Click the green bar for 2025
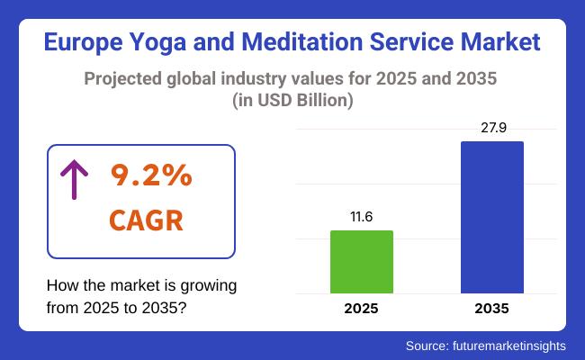(362, 261)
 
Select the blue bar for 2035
(491, 217)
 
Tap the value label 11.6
(362, 217)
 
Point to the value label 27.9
(491, 128)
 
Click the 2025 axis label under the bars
(362, 309)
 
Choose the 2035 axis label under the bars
(491, 309)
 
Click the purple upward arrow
(73, 179)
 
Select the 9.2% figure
(151, 176)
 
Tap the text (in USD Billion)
(292, 101)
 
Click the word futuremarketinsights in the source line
(505, 346)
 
